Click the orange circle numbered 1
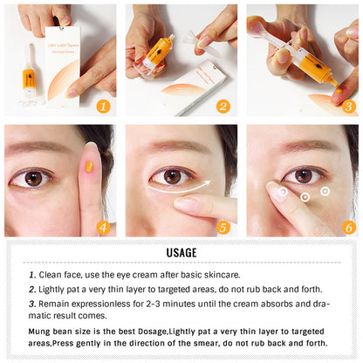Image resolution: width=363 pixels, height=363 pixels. (104, 106)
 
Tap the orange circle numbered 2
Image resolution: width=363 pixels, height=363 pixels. (223, 106)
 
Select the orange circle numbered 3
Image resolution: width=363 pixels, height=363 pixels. (349, 106)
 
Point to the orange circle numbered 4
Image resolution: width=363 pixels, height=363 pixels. (104, 227)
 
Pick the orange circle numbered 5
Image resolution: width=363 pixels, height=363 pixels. (223, 227)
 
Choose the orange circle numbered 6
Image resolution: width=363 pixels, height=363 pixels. (349, 227)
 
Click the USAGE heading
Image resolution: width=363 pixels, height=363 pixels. (181, 252)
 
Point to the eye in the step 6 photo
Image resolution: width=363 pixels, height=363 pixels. (304, 175)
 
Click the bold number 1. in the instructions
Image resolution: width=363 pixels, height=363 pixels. (32, 275)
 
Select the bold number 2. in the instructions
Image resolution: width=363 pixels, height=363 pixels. (32, 289)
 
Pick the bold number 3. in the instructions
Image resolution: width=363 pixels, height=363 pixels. (32, 303)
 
